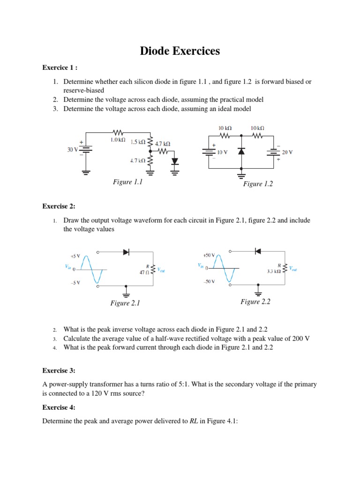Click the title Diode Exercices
point(180,51)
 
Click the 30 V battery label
point(74,150)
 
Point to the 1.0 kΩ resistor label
point(118,140)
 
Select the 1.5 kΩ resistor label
point(137,142)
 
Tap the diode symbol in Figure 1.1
point(175,161)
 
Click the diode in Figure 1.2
point(241,151)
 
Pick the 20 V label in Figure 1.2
point(287,152)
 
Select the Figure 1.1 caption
point(127,182)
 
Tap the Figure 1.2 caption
point(258,184)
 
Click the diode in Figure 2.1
point(126,252)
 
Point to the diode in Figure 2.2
point(257,251)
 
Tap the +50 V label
point(209,255)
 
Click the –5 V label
point(75,283)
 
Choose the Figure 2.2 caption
point(255,302)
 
